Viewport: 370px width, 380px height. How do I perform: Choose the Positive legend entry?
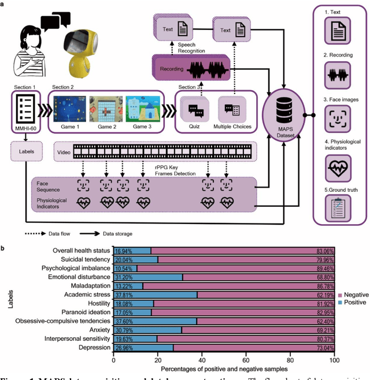[x=356, y=303]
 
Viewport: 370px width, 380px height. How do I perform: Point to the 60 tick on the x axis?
[x=247, y=360]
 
